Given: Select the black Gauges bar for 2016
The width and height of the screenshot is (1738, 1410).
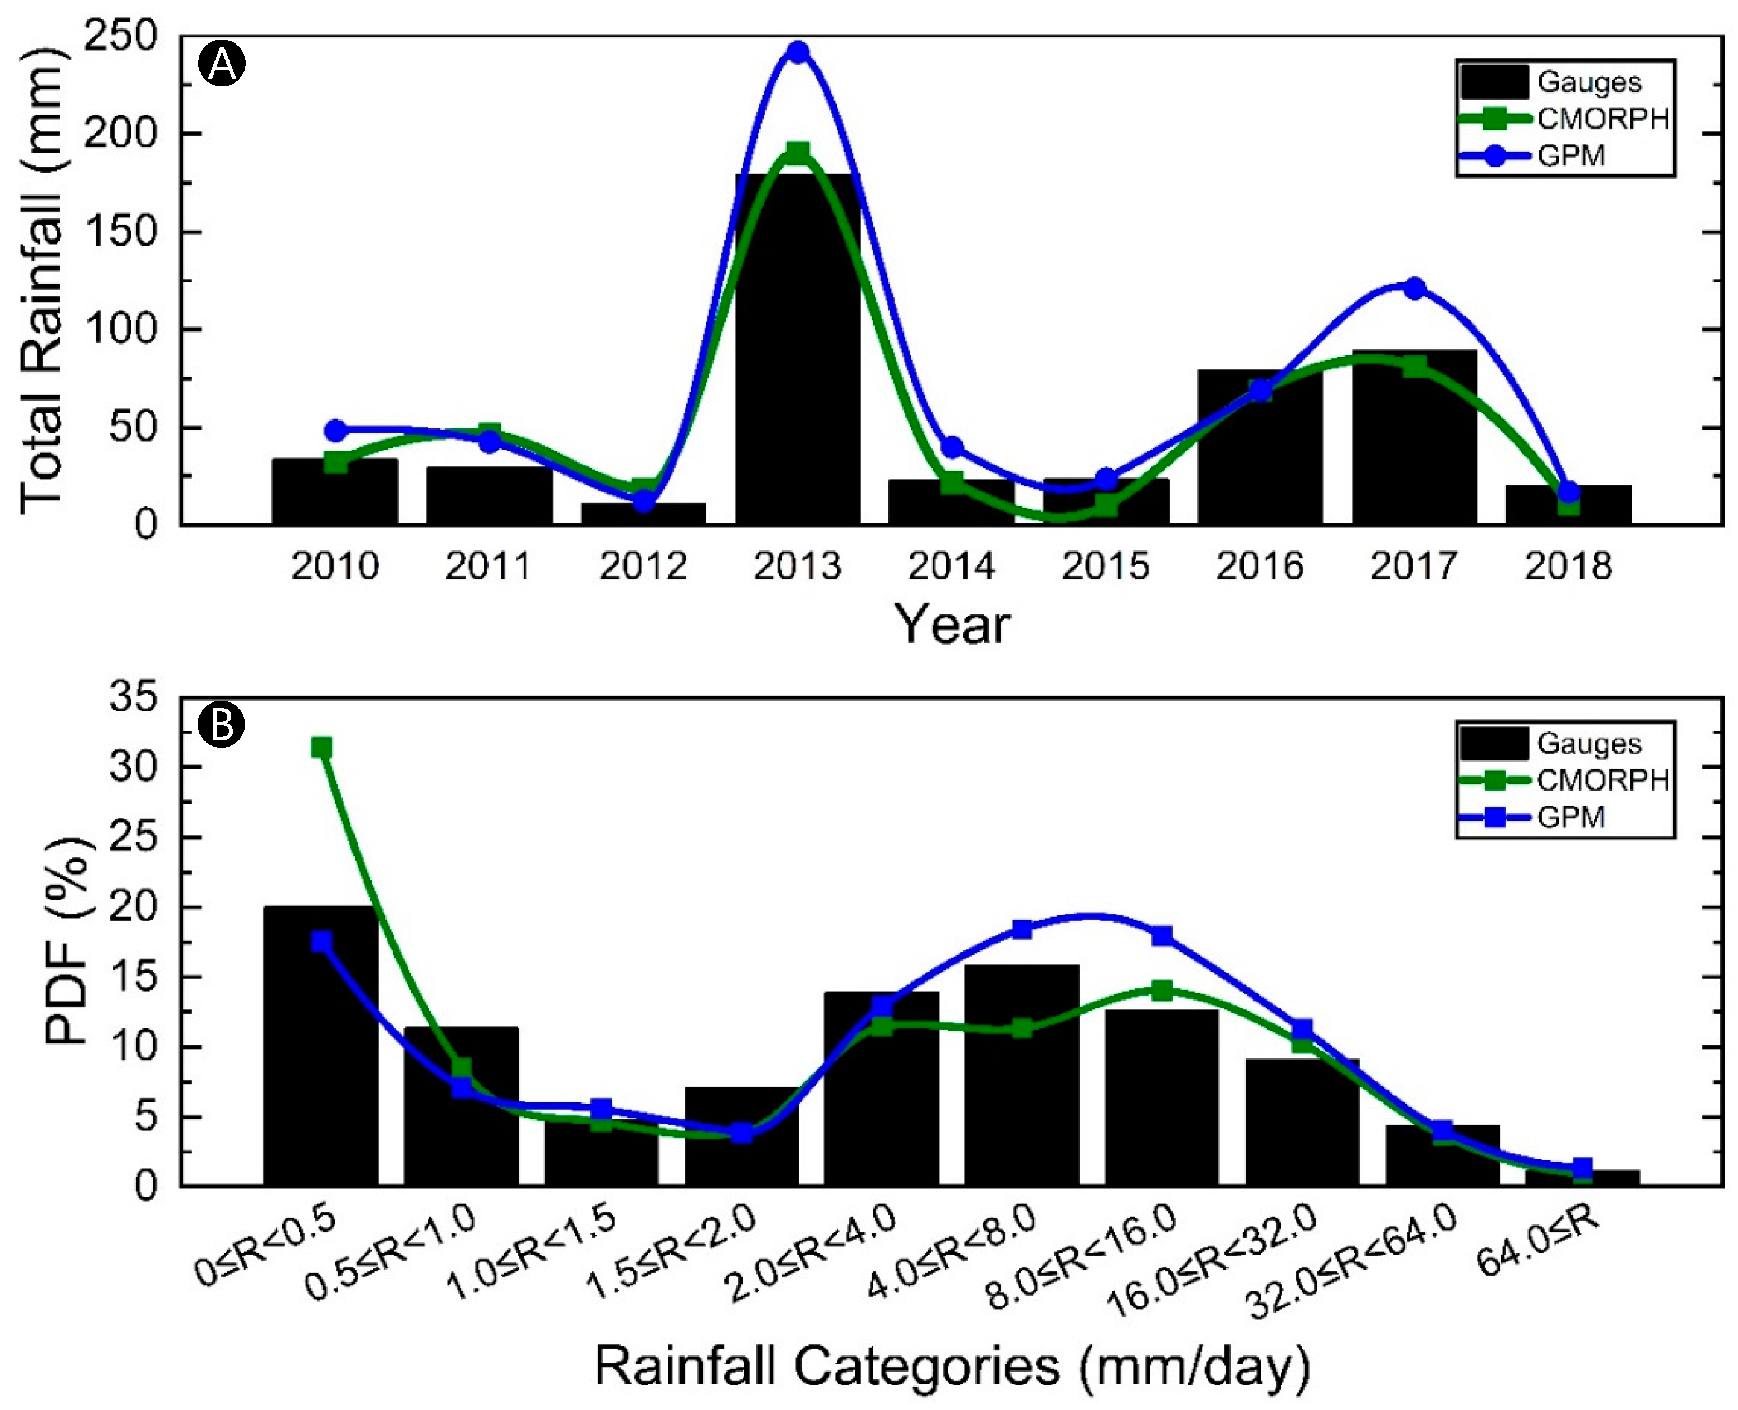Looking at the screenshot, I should pyautogui.click(x=1259, y=455).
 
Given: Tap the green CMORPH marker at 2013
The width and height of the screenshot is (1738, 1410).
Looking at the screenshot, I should pyautogui.click(x=798, y=153).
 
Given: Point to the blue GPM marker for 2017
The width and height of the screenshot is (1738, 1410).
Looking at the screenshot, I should pyautogui.click(x=1414, y=289).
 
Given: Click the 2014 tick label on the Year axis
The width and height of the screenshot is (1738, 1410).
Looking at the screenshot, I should pyautogui.click(x=951, y=566).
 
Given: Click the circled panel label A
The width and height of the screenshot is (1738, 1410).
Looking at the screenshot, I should pyautogui.click(x=222, y=64).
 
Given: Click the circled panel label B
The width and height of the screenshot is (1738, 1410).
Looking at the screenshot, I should pyautogui.click(x=221, y=724).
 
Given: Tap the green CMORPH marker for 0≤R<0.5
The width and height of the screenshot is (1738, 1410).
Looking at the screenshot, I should pyautogui.click(x=321, y=747).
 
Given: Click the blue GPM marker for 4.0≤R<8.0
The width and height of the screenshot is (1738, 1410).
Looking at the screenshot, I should pyautogui.click(x=1022, y=929).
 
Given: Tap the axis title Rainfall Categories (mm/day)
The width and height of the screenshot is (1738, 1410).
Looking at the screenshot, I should pyautogui.click(x=952, y=1365).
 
